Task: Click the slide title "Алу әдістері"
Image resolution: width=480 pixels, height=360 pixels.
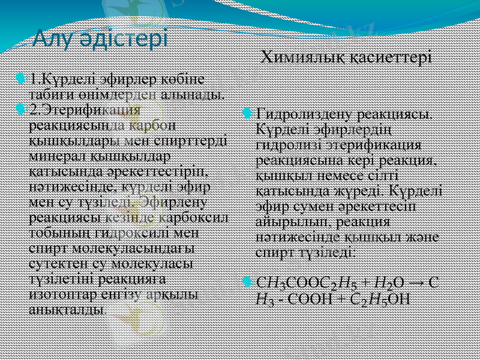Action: click(x=100, y=39)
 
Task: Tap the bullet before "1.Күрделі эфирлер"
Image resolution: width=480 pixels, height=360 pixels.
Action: click(x=22, y=78)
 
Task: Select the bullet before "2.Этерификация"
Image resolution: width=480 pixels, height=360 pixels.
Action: click(x=22, y=109)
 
